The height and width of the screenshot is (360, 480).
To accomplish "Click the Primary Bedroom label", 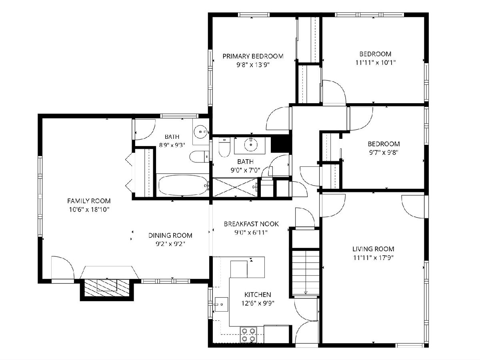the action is click(x=253, y=56).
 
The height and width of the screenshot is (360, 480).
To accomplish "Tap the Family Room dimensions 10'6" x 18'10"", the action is click(x=89, y=210).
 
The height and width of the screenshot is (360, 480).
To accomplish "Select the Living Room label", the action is click(x=373, y=249).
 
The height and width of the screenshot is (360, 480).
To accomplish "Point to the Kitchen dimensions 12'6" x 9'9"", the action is click(x=258, y=303).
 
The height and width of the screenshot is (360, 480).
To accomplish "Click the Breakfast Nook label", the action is click(x=251, y=224).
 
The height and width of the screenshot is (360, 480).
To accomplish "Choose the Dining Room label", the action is click(x=170, y=236).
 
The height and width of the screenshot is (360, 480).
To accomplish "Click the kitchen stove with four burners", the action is click(x=249, y=335).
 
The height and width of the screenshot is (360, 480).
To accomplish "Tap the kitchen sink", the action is click(x=221, y=304).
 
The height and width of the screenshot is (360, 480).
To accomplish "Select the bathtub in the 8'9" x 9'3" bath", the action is click(x=183, y=185).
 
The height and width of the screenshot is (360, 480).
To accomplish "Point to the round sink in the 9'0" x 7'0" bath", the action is click(x=251, y=145).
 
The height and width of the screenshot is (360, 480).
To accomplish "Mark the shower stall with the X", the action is click(x=235, y=187).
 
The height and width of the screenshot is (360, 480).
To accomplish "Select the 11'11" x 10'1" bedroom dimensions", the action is click(x=376, y=63).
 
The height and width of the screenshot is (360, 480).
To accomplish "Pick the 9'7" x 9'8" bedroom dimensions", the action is click(x=384, y=152).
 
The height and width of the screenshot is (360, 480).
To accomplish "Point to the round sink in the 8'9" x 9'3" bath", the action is click(x=200, y=132).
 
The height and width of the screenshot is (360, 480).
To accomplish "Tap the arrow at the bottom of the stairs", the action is click(x=306, y=292).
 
